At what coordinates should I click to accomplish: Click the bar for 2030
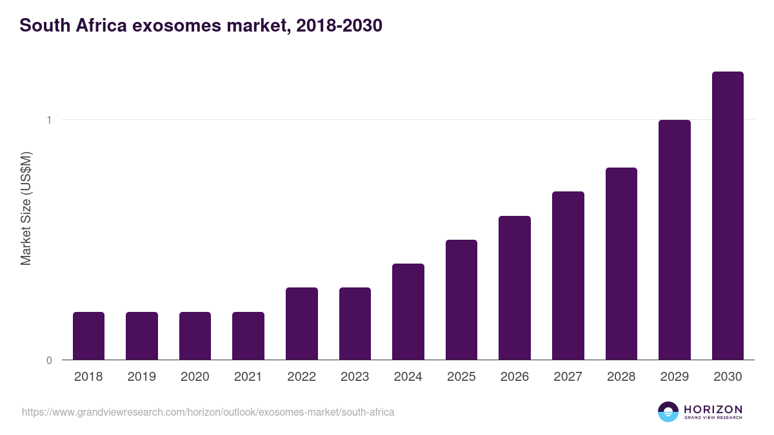728,216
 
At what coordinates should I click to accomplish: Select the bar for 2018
88,336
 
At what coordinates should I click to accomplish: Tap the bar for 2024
408,312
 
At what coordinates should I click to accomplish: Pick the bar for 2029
674,240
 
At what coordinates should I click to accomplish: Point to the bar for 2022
302,324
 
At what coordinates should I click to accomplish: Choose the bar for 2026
515,288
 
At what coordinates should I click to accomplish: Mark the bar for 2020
195,336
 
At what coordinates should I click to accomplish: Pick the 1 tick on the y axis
48,120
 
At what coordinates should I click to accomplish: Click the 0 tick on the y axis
48,360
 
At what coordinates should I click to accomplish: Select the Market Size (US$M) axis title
26,208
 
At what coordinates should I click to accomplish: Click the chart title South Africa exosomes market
201,26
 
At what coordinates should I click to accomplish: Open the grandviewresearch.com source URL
208,412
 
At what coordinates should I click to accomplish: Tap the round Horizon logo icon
668,412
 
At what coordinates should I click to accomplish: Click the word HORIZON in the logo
713,409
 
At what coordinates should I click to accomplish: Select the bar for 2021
248,336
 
